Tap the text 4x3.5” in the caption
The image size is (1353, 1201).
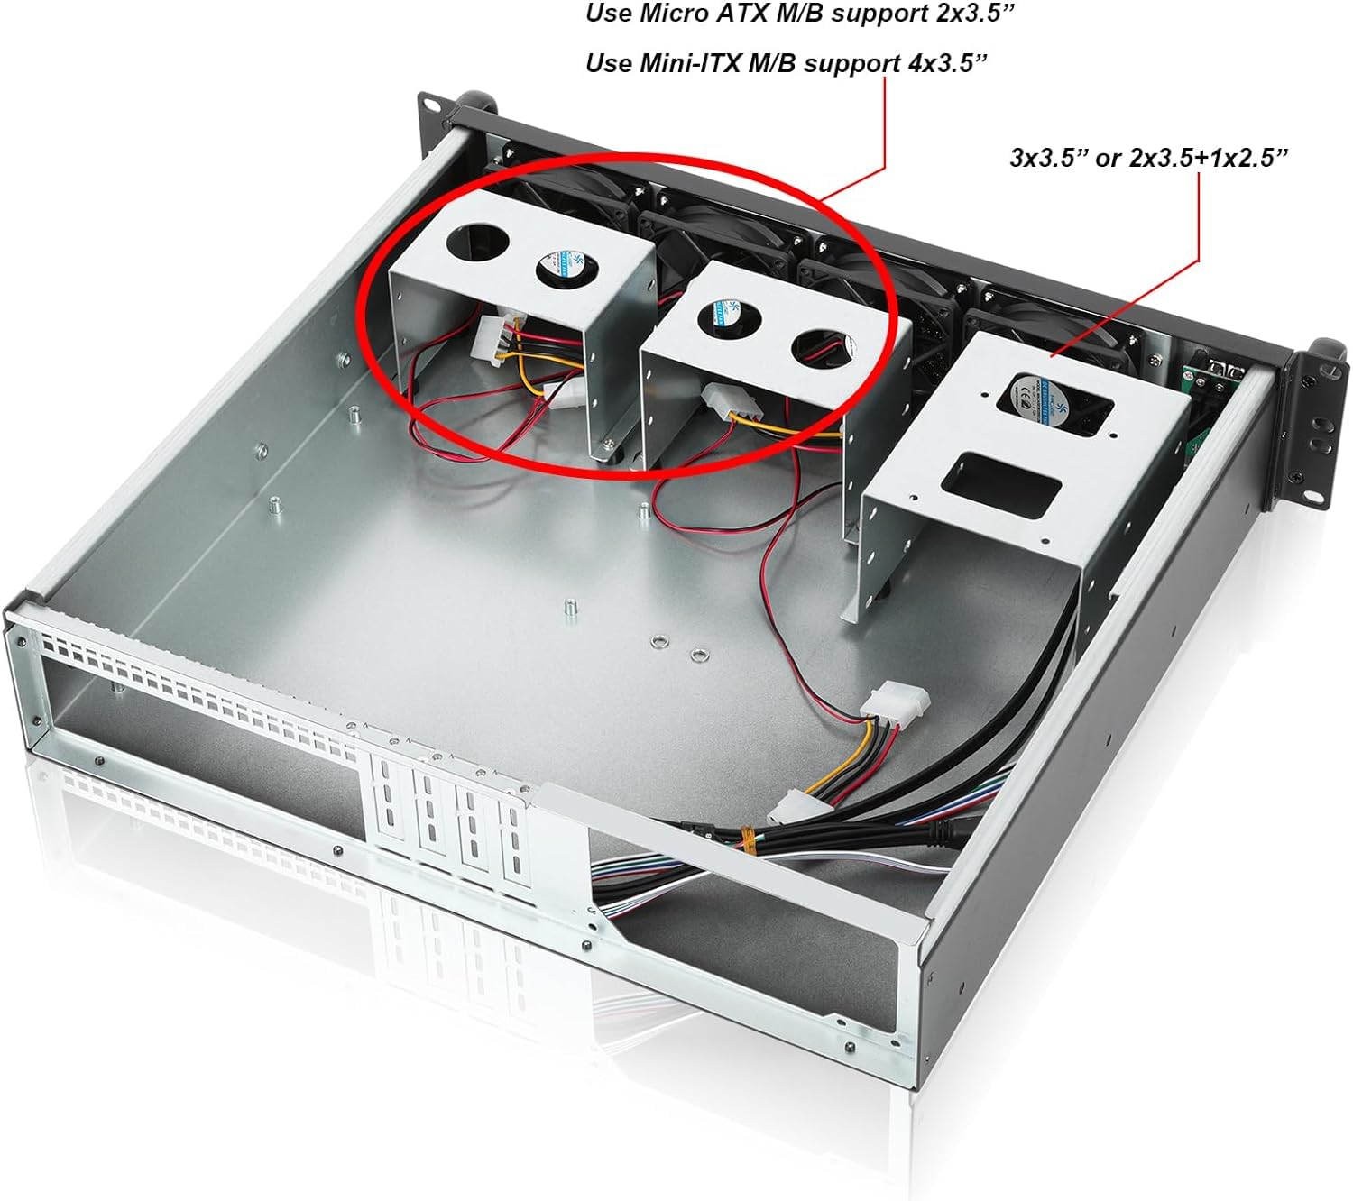pos(943,63)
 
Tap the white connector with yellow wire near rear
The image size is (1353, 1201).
pos(896,703)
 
